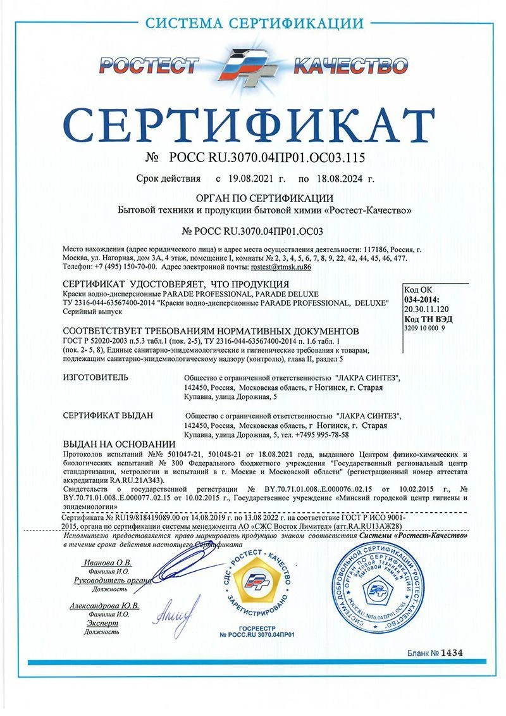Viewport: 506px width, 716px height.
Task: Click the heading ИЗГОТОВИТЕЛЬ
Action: (x=96, y=378)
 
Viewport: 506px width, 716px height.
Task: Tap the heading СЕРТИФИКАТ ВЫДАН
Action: (x=109, y=415)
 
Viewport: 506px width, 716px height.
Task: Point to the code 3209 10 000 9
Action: (x=424, y=329)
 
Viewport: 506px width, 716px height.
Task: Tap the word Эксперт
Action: (x=101, y=623)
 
